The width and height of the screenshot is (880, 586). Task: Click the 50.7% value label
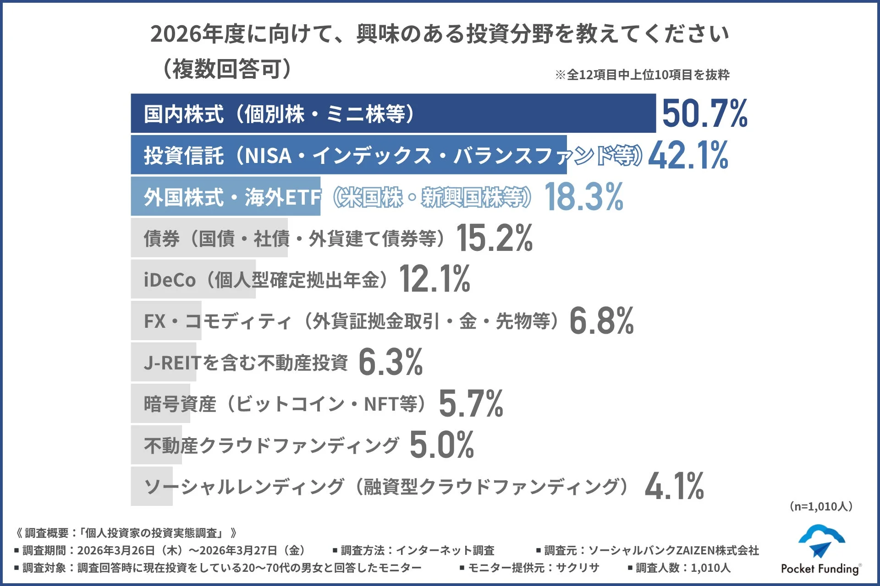704,114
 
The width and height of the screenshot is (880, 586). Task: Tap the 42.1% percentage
688,155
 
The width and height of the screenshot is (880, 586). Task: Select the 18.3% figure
584,197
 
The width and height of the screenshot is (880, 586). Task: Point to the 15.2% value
495,238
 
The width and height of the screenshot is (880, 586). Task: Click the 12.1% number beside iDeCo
434,279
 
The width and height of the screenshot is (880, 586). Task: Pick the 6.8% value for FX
601,321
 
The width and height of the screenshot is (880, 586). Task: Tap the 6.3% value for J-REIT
390,362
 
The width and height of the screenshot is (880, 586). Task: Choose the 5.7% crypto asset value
471,404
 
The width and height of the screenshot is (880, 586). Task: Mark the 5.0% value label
441,445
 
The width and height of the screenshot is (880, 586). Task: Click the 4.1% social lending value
674,486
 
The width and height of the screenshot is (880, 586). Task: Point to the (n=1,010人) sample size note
820,506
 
